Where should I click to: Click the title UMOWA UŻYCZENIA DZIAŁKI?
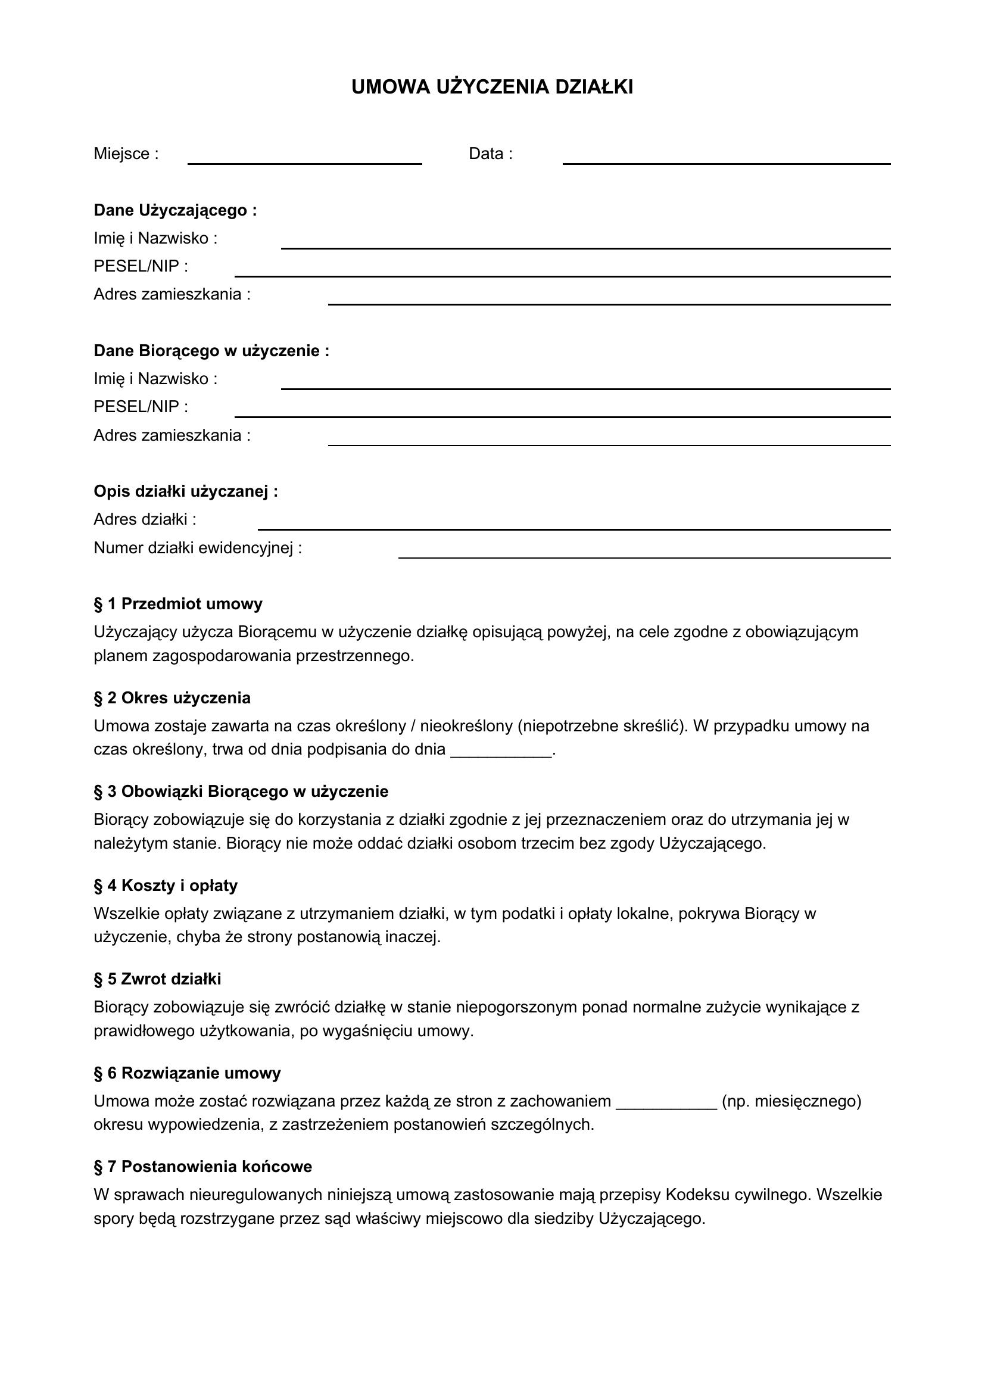[x=492, y=88]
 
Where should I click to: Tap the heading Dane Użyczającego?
[x=174, y=210]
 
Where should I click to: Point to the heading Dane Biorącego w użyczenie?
[x=211, y=351]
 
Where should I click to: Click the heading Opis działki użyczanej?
[x=186, y=491]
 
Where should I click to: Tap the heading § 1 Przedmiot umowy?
[x=177, y=604]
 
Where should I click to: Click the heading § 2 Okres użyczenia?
[x=172, y=698]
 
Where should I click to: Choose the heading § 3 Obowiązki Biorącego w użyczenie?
[x=241, y=791]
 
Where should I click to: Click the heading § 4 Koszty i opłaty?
[x=165, y=886]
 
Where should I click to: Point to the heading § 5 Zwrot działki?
[x=157, y=979]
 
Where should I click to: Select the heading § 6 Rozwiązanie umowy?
[x=187, y=1073]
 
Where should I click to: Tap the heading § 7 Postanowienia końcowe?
[x=202, y=1167]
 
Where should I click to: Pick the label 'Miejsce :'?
[x=126, y=154]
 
